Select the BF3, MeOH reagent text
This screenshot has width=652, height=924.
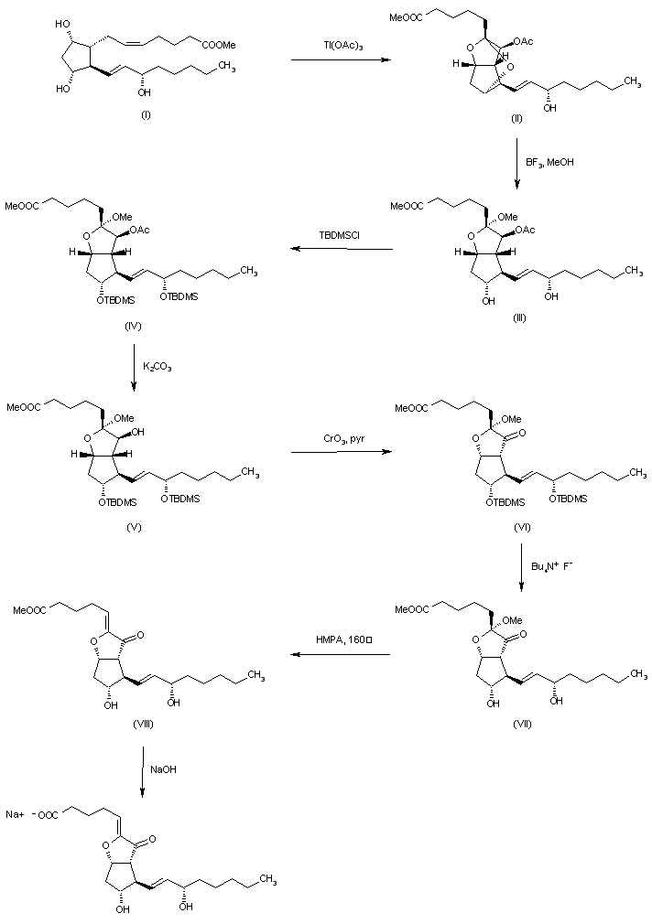coord(549,162)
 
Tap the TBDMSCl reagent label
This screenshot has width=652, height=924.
coord(339,235)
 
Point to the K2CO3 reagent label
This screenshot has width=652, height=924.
coord(158,367)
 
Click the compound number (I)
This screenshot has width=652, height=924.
coord(146,115)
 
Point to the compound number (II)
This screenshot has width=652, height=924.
coord(516,119)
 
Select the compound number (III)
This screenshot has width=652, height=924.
coord(519,317)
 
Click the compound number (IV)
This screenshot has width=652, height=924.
coord(134,326)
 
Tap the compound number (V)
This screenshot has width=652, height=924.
coord(134,527)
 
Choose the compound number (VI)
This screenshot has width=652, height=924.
coord(522,527)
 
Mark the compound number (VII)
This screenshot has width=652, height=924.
coord(522,724)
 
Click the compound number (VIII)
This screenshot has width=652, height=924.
coord(144,724)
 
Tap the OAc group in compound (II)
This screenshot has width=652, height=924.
coord(524,41)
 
